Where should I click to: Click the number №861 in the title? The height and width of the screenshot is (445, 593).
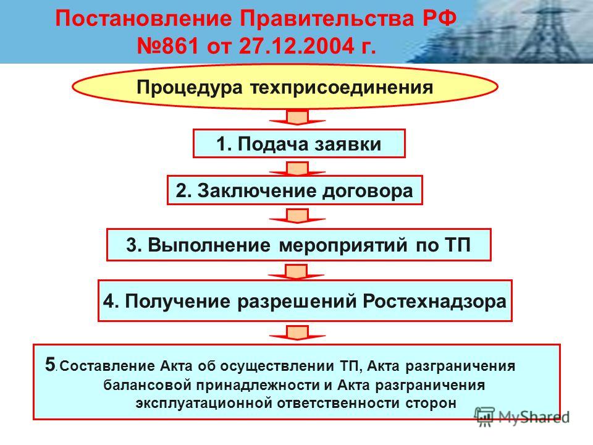(167, 46)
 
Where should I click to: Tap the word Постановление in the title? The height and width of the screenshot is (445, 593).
(143, 19)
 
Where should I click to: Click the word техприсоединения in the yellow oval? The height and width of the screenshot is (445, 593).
(342, 88)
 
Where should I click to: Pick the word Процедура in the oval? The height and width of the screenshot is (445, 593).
(189, 87)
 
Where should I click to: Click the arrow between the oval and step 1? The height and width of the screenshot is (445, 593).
(297, 117)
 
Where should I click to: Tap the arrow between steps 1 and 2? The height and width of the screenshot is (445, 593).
(297, 169)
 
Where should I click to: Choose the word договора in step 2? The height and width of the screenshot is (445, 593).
(367, 191)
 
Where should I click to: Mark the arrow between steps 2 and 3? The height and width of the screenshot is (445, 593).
(297, 216)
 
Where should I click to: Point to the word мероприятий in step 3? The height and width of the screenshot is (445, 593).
(343, 245)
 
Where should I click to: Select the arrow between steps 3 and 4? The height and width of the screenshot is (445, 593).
(296, 272)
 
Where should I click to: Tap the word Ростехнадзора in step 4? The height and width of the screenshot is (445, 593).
(434, 302)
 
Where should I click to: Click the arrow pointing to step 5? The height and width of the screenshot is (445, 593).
(297, 333)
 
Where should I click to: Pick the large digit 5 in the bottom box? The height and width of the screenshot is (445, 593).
(50, 365)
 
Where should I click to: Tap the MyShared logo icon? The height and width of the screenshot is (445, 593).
(485, 417)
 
